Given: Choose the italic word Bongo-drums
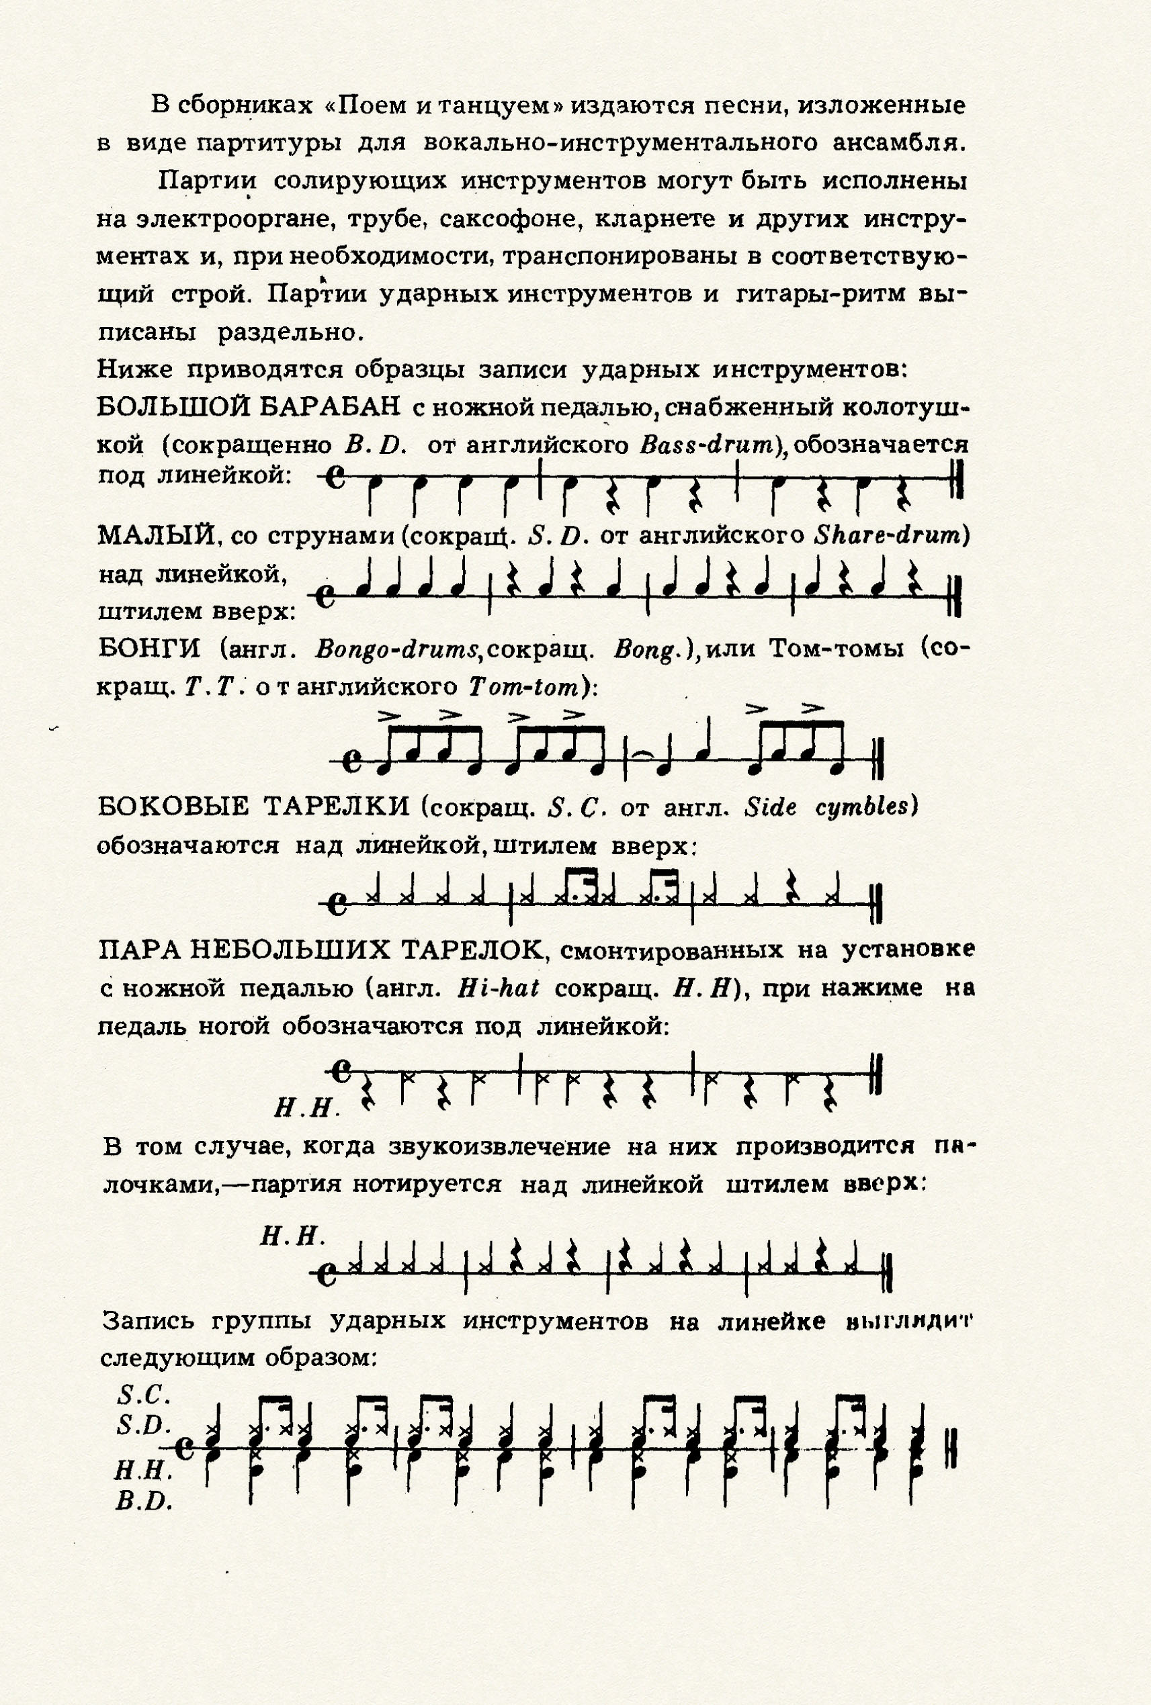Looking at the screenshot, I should (396, 650).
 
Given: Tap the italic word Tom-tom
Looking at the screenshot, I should (525, 686).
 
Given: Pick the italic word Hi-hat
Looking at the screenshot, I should (498, 988).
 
